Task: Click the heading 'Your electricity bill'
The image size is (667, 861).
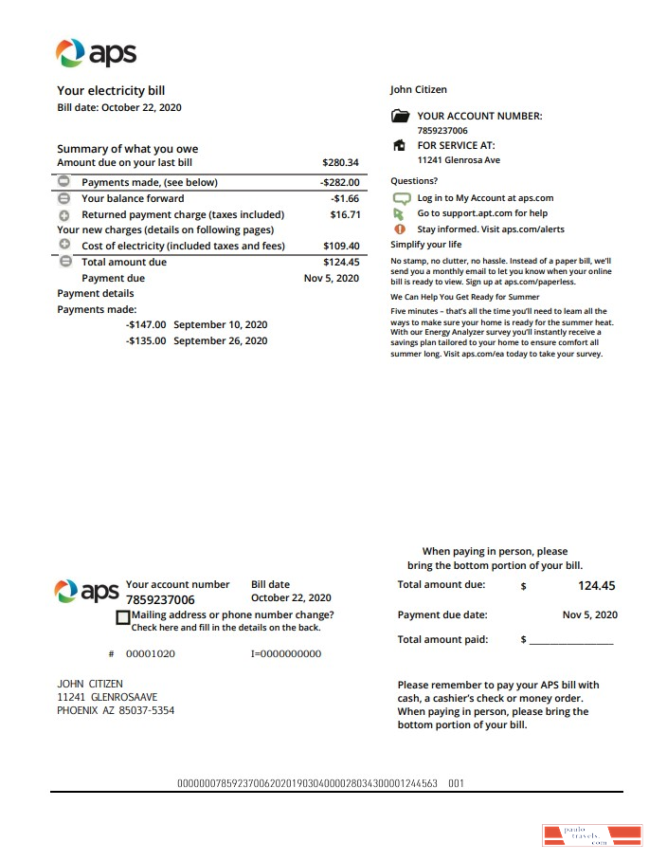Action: point(111,91)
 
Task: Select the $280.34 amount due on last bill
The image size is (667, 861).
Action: point(340,163)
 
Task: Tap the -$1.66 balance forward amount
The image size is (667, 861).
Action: point(345,198)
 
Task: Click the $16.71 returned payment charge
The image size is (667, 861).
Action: point(344,214)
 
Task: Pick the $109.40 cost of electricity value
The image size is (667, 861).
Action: point(341,246)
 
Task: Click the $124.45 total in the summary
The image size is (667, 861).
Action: point(341,262)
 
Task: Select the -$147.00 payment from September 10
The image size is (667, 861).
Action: point(146,324)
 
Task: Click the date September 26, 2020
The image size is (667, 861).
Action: point(221,340)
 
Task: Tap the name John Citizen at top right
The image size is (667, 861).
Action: point(418,90)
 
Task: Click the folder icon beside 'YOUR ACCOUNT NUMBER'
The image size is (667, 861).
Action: point(400,117)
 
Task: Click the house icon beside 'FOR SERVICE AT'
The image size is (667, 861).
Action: point(400,146)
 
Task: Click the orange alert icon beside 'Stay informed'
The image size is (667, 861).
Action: point(399,229)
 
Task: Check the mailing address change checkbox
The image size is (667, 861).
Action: point(122,617)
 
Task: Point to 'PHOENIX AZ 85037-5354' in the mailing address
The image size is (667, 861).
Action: point(116,710)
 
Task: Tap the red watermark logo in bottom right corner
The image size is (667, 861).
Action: point(591,835)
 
